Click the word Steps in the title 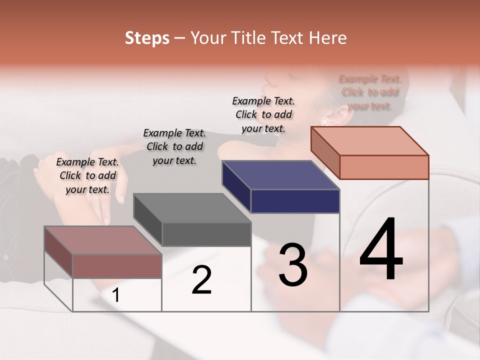pyautogui.click(x=147, y=38)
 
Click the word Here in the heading pyautogui.click(x=326, y=38)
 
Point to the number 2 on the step pyautogui.click(x=201, y=280)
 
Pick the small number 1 pyautogui.click(x=116, y=295)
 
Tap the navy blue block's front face pyautogui.click(x=295, y=201)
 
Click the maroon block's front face pyautogui.click(x=117, y=266)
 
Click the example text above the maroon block pyautogui.click(x=87, y=175)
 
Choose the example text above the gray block pyautogui.click(x=174, y=146)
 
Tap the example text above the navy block pyautogui.click(x=263, y=114)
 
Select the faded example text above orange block pyautogui.click(x=370, y=92)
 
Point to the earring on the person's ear pyautogui.click(x=324, y=121)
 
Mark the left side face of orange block pyautogui.click(x=325, y=152)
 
